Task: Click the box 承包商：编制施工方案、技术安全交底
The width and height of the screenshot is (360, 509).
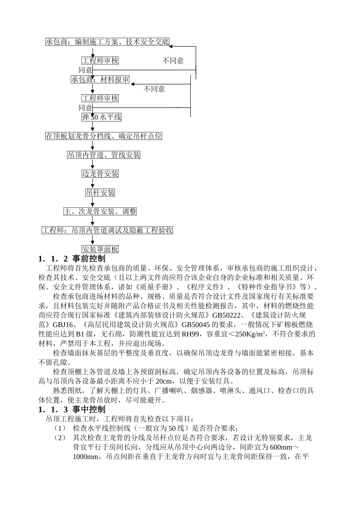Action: (107, 42)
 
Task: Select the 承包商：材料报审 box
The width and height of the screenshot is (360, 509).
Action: (100, 80)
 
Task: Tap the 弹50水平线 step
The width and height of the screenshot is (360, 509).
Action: (102, 117)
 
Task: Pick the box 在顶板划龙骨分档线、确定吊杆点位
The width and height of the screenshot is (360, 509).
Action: (104, 136)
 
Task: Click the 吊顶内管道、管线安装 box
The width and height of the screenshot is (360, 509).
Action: (104, 155)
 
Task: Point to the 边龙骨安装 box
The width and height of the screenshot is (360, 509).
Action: (100, 174)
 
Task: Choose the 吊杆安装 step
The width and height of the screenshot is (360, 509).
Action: (100, 193)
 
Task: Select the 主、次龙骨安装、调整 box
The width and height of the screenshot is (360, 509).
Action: (100, 211)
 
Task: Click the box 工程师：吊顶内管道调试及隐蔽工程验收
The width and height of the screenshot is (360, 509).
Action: (107, 230)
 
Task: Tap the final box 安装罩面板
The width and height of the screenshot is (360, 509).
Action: (100, 249)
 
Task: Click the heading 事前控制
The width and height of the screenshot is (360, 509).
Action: (89, 259)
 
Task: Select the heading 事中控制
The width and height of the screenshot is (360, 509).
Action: (89, 409)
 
